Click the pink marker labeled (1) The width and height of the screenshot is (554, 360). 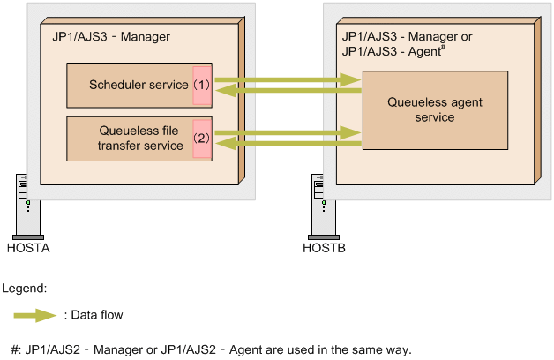point(202,86)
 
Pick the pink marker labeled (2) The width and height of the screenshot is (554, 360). point(202,138)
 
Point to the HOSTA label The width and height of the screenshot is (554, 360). point(27,248)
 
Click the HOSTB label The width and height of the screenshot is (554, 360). point(324,248)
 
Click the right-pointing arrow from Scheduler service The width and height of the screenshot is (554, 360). point(288,79)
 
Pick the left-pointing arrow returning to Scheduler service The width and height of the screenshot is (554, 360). point(288,89)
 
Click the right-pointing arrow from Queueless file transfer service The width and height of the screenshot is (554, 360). point(288,132)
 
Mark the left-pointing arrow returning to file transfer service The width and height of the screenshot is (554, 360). point(288,142)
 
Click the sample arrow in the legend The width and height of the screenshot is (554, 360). point(36,313)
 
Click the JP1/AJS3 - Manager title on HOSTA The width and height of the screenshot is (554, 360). point(106,36)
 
